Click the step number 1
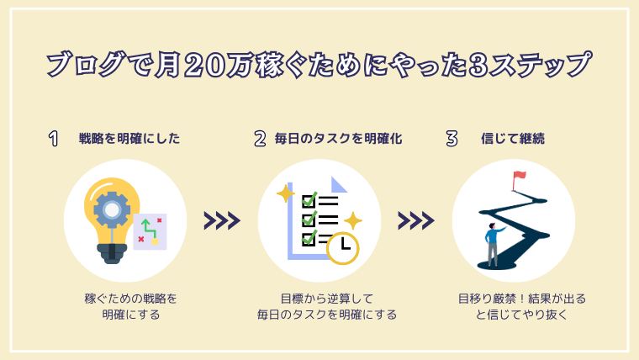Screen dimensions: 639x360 pyautogui.click(x=53, y=139)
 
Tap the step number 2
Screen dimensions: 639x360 pyautogui.click(x=260, y=139)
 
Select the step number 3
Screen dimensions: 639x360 pyautogui.click(x=452, y=139)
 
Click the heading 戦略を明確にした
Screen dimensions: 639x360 pyautogui.click(x=129, y=139)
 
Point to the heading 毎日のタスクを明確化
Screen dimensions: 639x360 pyautogui.click(x=338, y=139)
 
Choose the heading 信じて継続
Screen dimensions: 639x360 pyautogui.click(x=513, y=139)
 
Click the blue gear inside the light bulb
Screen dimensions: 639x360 pyautogui.click(x=112, y=209)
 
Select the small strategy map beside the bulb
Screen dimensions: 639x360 pyautogui.click(x=150, y=231)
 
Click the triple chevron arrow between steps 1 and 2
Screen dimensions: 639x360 pyautogui.click(x=222, y=220)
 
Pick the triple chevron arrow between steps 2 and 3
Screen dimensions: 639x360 pyautogui.click(x=416, y=220)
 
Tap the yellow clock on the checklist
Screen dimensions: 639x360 pyautogui.click(x=343, y=248)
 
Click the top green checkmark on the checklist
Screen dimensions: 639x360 pyautogui.click(x=309, y=199)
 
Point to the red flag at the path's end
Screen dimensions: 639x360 pyautogui.click(x=520, y=176)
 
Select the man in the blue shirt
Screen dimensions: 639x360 pyautogui.click(x=494, y=245)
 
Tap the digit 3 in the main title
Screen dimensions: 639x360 pyautogui.click(x=478, y=66)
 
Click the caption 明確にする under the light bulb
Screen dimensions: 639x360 pyautogui.click(x=131, y=315)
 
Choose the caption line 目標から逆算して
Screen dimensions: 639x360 pyautogui.click(x=327, y=299)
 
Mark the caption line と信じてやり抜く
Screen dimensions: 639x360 pyautogui.click(x=521, y=315)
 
